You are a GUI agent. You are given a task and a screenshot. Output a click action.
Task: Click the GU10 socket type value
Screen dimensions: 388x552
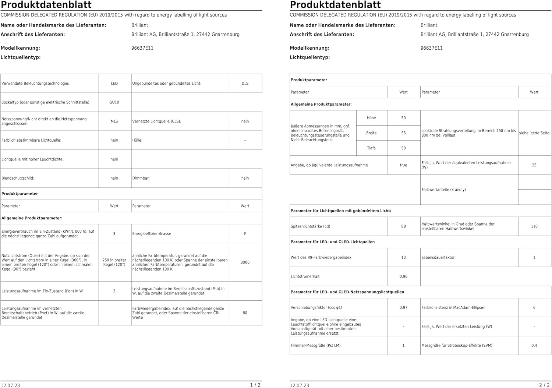coord(114,102)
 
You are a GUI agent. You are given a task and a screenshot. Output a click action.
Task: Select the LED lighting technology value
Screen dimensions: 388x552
coord(114,84)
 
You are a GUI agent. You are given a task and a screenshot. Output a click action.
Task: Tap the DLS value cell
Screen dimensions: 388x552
coord(245,84)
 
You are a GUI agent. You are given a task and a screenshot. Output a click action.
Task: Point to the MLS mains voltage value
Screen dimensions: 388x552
coord(114,121)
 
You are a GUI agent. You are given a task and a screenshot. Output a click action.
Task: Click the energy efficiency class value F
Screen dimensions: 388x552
coord(245,234)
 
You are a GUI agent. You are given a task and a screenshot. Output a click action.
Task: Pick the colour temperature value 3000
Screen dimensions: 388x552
coord(245,262)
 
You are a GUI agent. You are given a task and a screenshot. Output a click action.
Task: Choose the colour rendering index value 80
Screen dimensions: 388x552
coord(245,313)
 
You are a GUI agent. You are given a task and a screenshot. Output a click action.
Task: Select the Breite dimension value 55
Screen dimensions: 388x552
coord(403,133)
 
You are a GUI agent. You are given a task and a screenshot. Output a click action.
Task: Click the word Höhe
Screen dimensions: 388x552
coord(371,118)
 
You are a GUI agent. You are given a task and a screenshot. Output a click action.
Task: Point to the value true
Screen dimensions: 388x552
coord(403,165)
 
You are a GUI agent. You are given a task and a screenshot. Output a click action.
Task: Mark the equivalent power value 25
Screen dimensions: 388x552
coord(534,165)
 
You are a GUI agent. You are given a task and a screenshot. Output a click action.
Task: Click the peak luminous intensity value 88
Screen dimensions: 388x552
coord(403,226)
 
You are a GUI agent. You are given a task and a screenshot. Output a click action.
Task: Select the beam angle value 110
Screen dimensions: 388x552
coord(534,226)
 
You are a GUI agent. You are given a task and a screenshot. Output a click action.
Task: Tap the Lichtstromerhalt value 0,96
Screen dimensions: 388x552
coord(403,276)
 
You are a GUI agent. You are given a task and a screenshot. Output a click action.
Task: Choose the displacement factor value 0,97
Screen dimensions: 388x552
coord(403,308)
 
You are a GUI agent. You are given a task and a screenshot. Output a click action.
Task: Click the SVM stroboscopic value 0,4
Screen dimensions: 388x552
coord(534,346)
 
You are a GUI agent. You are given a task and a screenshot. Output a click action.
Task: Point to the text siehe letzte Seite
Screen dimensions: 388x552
coord(534,133)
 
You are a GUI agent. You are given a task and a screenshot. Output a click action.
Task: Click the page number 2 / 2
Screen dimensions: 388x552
coord(544,385)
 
